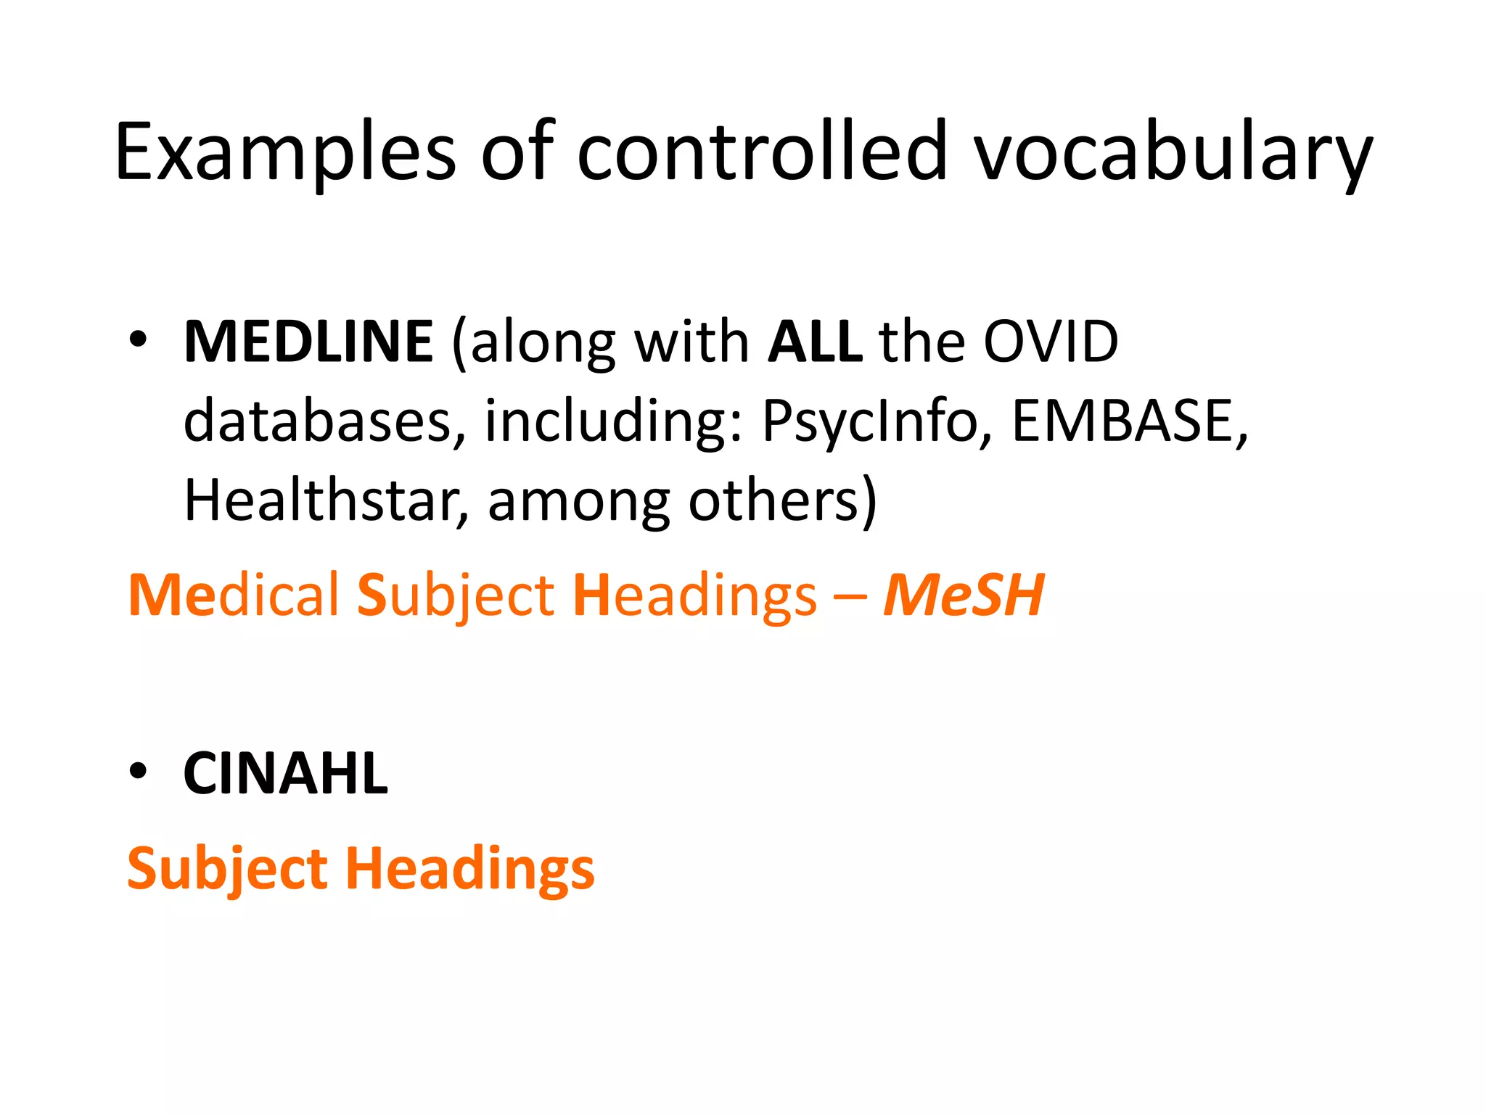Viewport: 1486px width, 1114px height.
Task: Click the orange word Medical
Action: tap(233, 595)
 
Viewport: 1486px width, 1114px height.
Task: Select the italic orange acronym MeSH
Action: tap(964, 595)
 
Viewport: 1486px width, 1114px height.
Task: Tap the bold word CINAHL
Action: tap(286, 774)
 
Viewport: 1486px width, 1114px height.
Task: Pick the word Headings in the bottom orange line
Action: tap(469, 869)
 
